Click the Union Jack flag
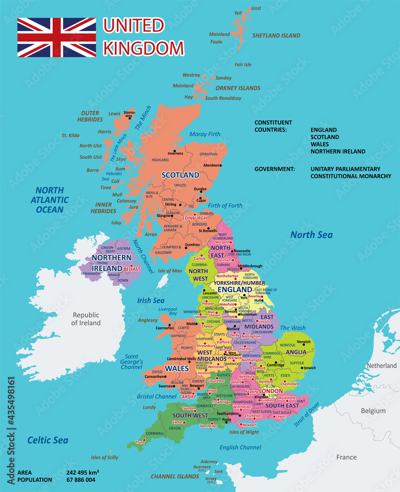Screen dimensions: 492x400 pos(57,37)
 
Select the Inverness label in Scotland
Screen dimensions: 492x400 pos(175,153)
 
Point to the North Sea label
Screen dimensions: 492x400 pos(311,235)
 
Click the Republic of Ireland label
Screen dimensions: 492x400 pos(86,319)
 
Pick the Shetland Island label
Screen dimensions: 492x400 pos(276,35)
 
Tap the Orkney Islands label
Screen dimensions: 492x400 pos(238,88)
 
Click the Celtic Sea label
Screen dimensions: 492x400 pos(48,440)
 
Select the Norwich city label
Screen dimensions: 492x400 pos(304,341)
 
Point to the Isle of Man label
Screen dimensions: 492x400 pos(170,271)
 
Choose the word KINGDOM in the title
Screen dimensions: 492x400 pos(143,48)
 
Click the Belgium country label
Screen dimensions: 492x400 pos(372,410)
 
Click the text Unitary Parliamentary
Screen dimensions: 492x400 pos(345,169)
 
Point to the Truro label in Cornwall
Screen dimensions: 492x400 pos(140,442)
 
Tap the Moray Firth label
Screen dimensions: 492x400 pos(205,134)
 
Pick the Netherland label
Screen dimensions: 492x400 pos(381,366)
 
